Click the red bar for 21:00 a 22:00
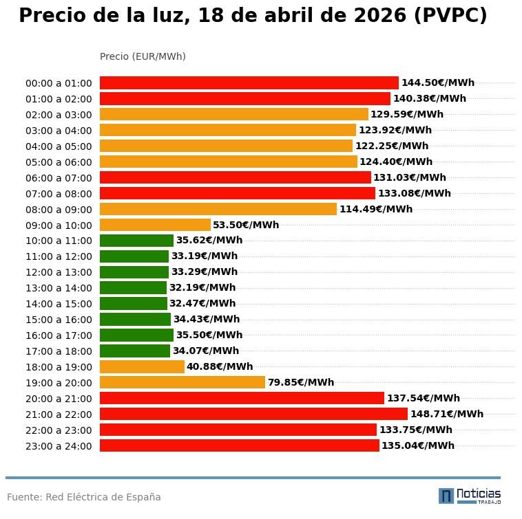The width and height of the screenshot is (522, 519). click(x=253, y=414)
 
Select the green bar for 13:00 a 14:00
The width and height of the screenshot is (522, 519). click(x=133, y=288)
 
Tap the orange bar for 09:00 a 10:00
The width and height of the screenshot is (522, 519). click(x=155, y=225)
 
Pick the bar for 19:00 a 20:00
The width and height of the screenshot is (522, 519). click(x=182, y=382)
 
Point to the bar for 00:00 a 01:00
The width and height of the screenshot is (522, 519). click(x=249, y=83)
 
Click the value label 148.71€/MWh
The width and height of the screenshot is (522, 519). click(x=446, y=414)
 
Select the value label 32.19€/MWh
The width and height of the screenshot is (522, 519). click(x=202, y=288)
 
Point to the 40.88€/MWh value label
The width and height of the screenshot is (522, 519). click(x=220, y=367)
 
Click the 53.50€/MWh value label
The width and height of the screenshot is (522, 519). click(x=246, y=225)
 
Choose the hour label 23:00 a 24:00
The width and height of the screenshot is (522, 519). click(x=59, y=446)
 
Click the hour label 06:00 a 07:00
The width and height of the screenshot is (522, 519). click(x=59, y=178)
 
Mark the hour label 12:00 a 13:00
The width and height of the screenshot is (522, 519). click(x=59, y=273)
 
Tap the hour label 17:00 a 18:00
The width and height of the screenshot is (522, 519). click(x=59, y=351)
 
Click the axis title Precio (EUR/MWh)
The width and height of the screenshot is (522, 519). click(x=143, y=56)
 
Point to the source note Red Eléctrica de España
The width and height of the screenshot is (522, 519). click(x=103, y=497)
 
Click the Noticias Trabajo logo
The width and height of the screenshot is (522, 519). click(x=470, y=496)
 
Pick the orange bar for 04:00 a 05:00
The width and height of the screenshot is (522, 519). click(x=226, y=146)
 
